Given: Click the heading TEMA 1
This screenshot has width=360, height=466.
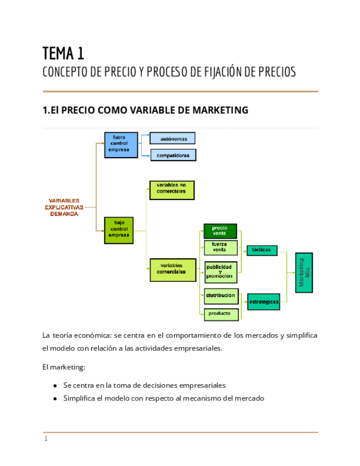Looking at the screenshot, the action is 63,53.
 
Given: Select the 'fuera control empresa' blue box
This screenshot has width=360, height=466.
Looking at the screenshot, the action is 118,144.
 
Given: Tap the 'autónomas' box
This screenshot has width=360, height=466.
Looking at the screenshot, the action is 173,138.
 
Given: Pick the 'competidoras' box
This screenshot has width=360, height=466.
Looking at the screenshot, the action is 173,156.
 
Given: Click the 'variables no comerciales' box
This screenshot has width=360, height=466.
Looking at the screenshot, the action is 171,190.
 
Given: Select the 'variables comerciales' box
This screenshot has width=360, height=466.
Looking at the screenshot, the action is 173,270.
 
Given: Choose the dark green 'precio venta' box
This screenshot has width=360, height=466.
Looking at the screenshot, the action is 220,231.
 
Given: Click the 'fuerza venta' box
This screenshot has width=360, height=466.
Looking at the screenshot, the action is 220,247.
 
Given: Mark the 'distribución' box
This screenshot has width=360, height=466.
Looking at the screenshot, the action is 221,296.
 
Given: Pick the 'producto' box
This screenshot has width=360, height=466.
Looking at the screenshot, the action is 221,314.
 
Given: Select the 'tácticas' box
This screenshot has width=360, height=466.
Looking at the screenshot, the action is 262,250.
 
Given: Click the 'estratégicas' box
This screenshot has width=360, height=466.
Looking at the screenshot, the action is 263,302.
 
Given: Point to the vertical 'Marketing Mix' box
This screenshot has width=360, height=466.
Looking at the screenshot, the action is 303,273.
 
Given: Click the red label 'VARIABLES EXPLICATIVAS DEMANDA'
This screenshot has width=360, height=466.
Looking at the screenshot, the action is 64,207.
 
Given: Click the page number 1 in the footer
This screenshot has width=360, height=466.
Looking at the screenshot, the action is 46,439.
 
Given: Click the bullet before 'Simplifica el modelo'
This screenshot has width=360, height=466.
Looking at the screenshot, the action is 56,398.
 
